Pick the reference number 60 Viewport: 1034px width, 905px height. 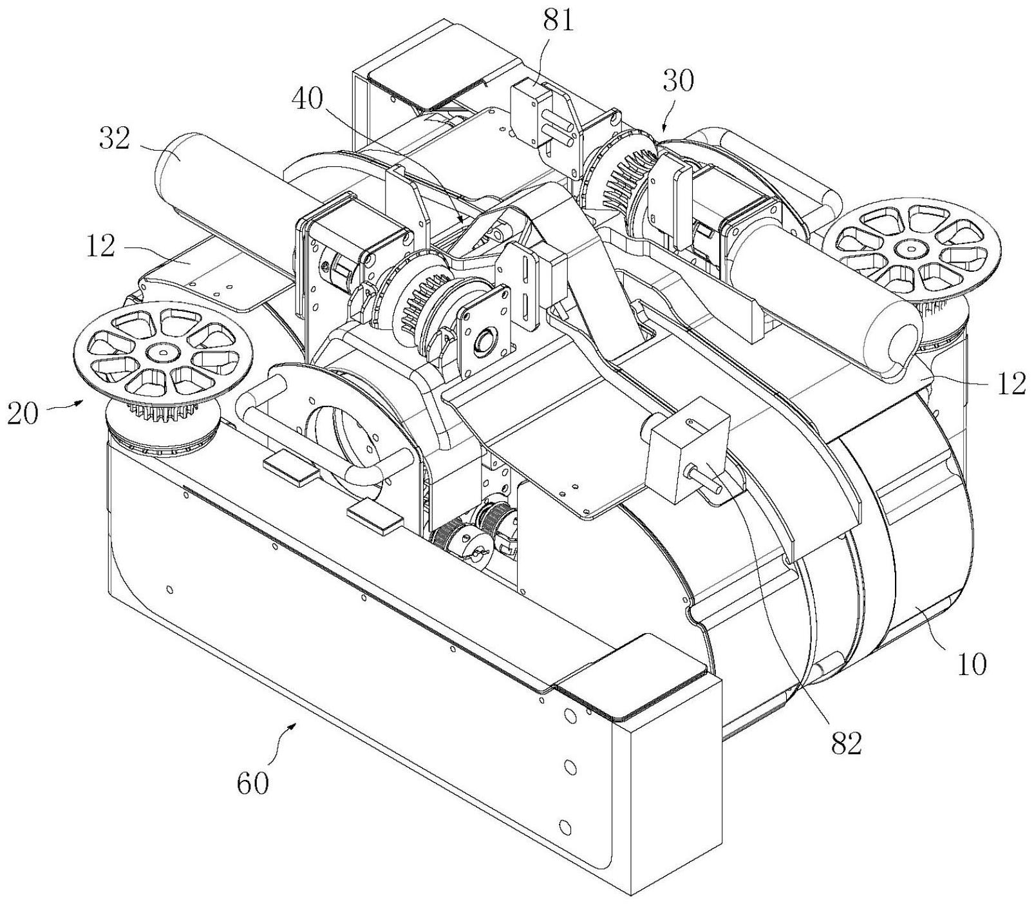pyautogui.click(x=252, y=784)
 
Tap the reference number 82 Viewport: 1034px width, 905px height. pyautogui.click(x=845, y=744)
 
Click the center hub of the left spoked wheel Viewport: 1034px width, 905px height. pyautogui.click(x=159, y=352)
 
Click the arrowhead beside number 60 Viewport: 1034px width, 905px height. pyautogui.click(x=296, y=725)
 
